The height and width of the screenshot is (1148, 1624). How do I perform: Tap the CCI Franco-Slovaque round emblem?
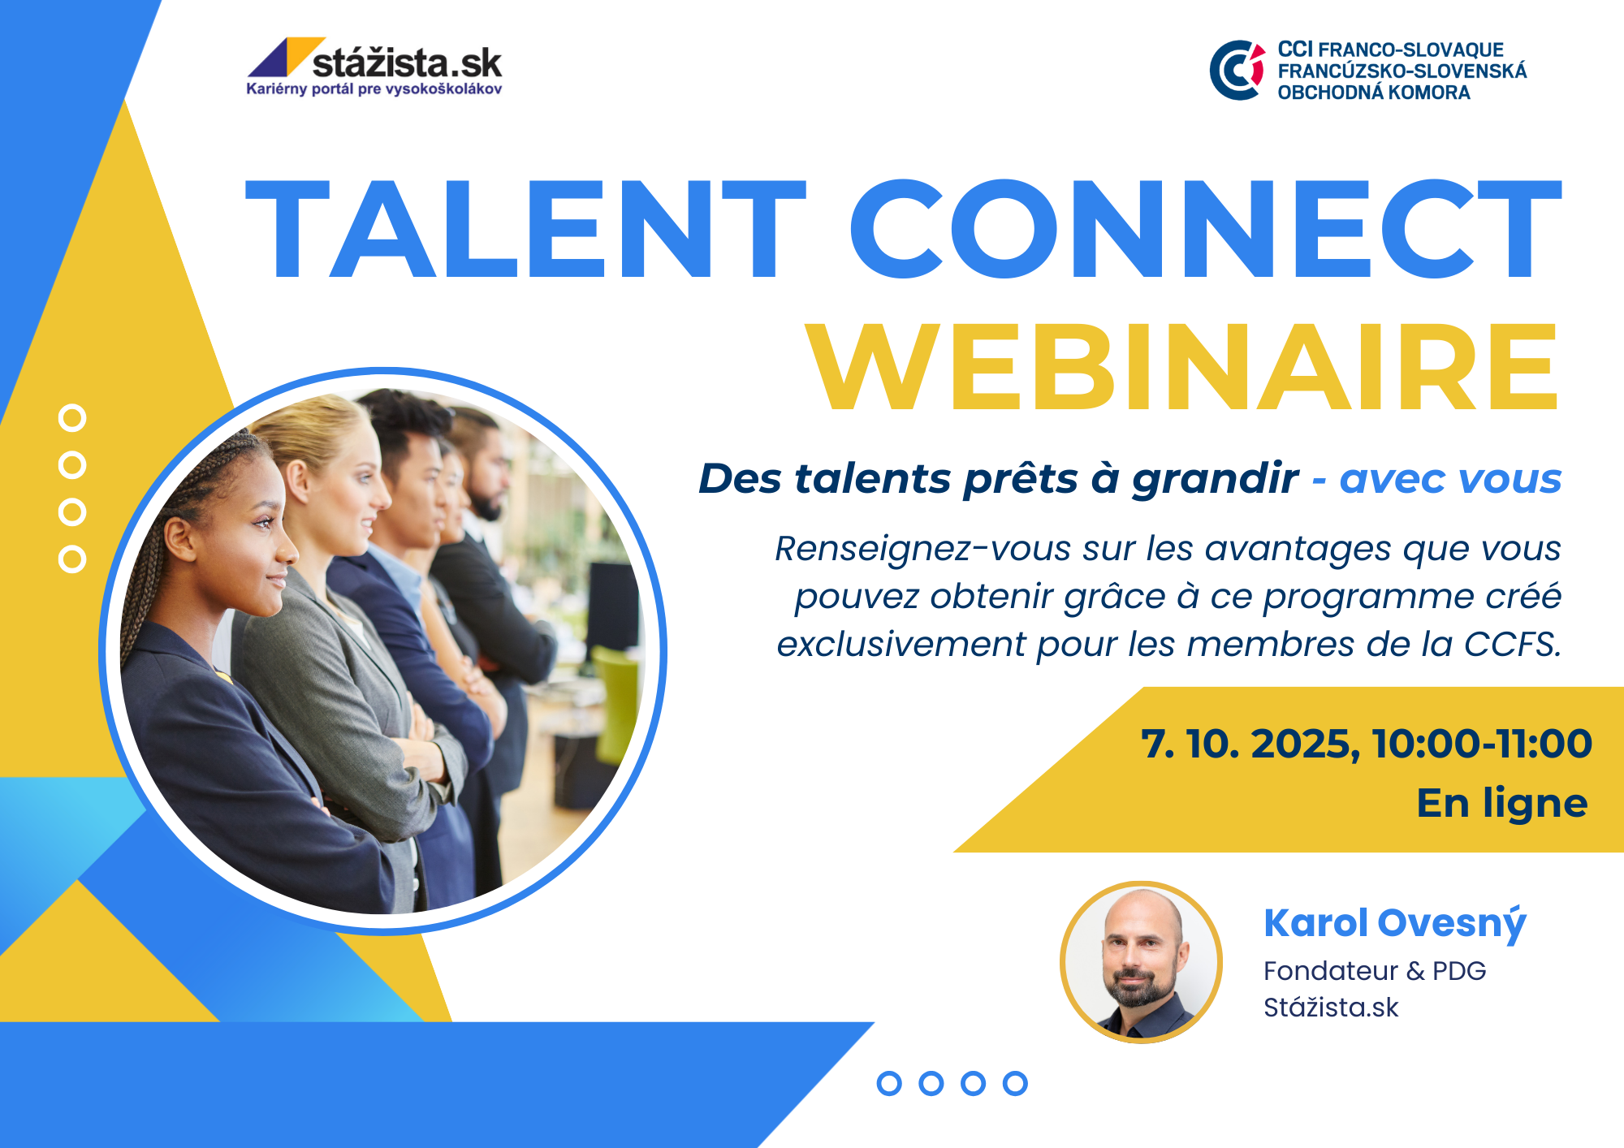click(x=1237, y=71)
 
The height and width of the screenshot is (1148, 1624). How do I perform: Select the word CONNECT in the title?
click(x=1205, y=230)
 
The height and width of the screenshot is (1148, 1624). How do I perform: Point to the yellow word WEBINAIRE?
click(x=1182, y=367)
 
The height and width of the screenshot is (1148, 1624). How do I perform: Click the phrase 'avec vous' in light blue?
click(x=1450, y=479)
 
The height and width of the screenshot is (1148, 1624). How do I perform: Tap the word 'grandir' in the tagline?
click(x=1215, y=480)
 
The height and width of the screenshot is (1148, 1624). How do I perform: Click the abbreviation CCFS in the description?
click(x=1512, y=645)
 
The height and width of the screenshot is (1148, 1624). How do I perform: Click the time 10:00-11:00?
click(x=1482, y=744)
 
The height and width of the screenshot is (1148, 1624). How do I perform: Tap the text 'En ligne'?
click(x=1502, y=805)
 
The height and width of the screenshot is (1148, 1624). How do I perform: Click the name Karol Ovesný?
click(x=1394, y=924)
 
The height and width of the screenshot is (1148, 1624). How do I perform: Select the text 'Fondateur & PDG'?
click(x=1375, y=971)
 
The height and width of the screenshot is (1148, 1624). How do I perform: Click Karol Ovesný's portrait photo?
click(x=1141, y=962)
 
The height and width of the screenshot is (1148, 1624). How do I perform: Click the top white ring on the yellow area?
click(x=72, y=418)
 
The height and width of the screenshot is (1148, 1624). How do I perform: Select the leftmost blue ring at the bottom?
click(x=889, y=1083)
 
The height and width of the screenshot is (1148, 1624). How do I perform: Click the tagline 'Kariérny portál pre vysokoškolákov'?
click(x=374, y=89)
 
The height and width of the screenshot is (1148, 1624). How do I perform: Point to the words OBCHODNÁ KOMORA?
click(x=1374, y=93)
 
